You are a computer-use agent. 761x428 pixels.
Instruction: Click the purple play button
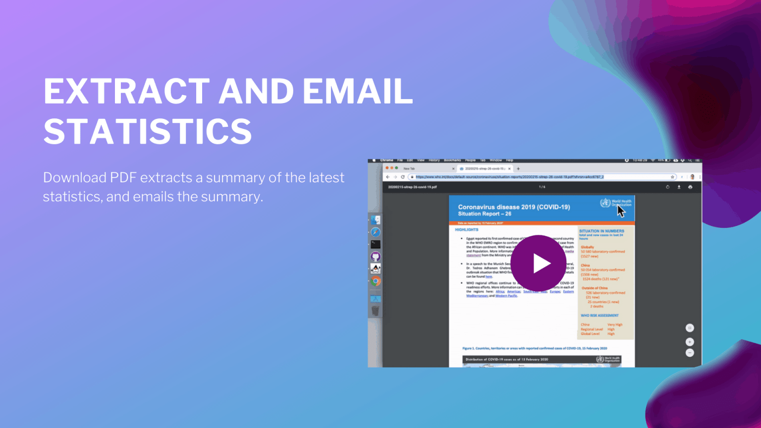click(538, 264)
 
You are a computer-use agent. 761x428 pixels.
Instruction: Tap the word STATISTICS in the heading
click(148, 131)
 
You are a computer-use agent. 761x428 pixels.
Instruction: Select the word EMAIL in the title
click(357, 92)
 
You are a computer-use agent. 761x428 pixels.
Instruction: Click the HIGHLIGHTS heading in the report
click(467, 230)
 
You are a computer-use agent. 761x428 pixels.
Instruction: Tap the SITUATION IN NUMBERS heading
click(601, 231)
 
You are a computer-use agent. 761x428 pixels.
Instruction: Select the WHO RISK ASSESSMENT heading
click(599, 316)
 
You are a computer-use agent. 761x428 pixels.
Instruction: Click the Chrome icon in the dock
click(376, 281)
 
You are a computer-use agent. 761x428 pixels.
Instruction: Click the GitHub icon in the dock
click(376, 257)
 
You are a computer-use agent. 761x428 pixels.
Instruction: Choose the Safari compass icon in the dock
click(376, 232)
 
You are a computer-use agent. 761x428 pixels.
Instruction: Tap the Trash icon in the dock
click(376, 311)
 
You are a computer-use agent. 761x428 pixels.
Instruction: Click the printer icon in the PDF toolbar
click(690, 187)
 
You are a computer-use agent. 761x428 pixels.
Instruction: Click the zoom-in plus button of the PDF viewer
click(690, 342)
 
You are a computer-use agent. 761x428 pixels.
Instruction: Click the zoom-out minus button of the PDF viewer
click(690, 353)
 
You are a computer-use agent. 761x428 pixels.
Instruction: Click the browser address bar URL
click(509, 177)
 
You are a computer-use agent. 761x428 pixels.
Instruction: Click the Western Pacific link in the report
click(506, 296)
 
